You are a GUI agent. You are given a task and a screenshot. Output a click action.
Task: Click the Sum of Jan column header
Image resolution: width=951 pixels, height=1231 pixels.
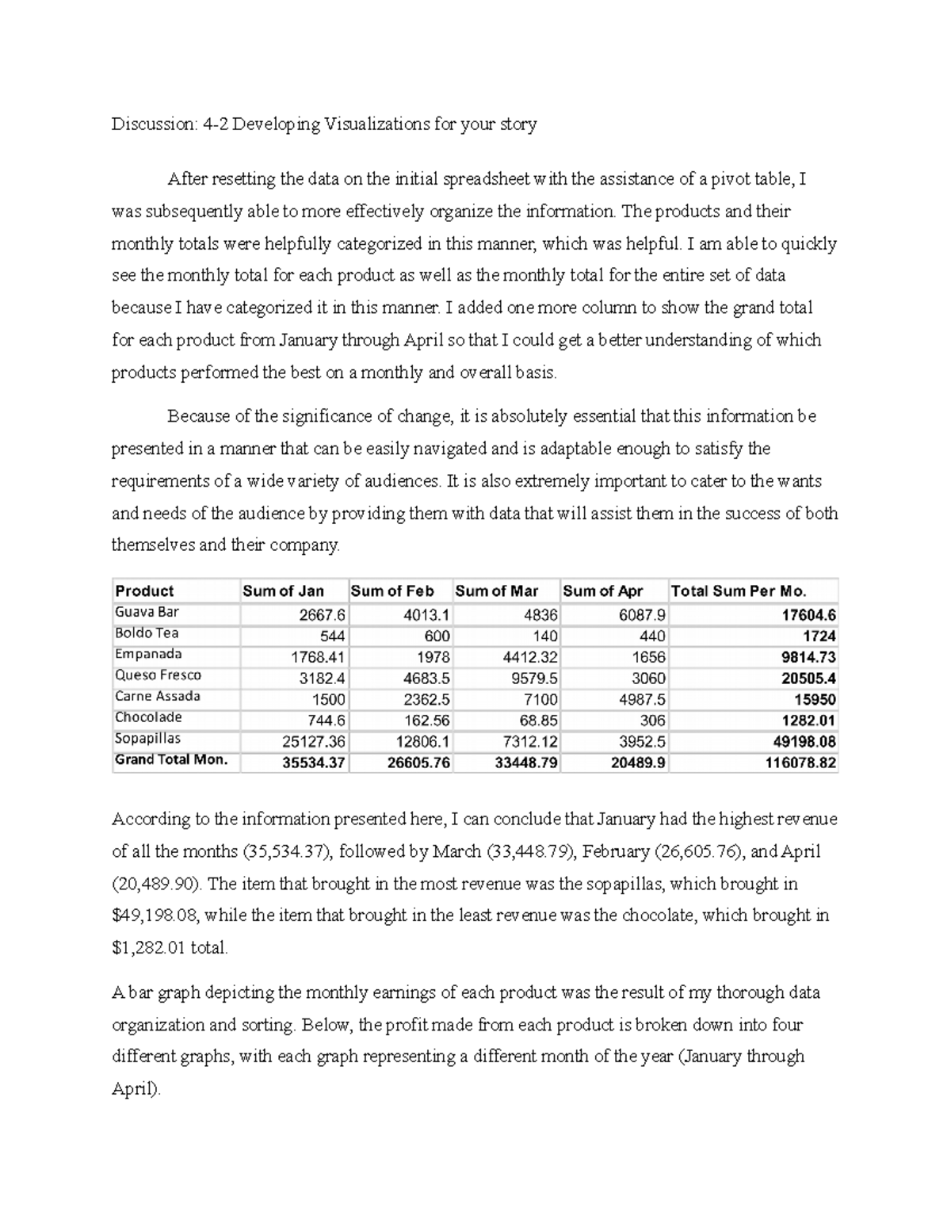[283, 591]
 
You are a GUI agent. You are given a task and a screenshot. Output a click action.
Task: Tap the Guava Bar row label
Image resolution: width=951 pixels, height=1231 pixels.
[147, 612]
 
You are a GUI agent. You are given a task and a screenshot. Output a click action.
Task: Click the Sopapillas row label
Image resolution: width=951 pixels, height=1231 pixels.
[147, 739]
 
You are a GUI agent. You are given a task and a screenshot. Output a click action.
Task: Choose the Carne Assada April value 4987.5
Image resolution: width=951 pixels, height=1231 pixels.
[640, 700]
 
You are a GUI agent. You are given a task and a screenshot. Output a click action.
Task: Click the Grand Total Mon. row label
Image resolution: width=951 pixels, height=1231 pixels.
[171, 759]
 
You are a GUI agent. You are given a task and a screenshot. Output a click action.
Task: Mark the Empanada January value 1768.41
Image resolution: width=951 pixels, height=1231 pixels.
[318, 657]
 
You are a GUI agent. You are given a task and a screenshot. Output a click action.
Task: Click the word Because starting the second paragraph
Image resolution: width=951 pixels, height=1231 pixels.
[197, 417]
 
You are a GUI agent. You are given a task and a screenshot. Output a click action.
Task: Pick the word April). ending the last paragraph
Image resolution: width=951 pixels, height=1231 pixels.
[136, 1089]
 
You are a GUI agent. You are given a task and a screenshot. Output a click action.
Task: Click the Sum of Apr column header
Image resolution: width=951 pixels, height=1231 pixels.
[602, 591]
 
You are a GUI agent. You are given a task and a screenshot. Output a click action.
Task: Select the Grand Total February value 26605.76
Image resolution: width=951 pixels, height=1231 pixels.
[420, 763]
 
